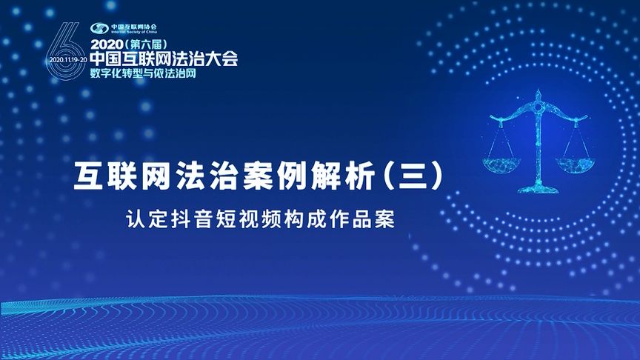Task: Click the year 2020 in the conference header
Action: click(108, 44)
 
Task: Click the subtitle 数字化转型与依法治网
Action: click(144, 73)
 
